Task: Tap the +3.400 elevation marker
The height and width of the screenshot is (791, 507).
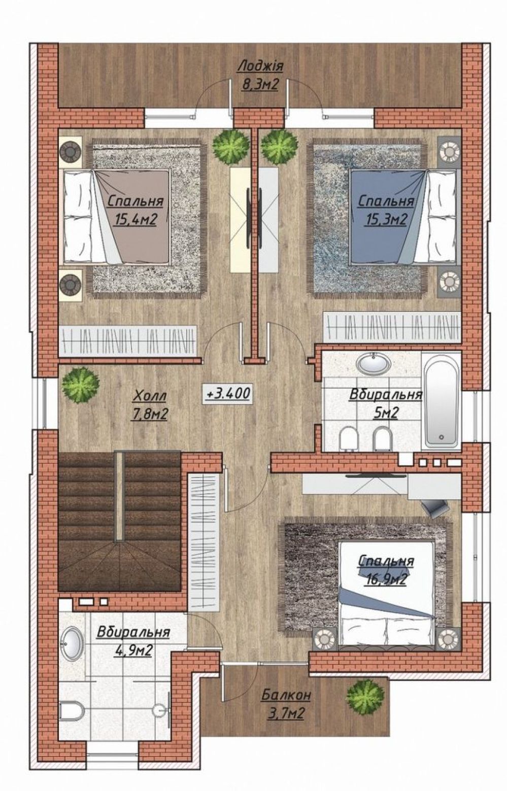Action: (x=228, y=393)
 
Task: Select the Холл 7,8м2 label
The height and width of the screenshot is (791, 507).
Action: (x=150, y=405)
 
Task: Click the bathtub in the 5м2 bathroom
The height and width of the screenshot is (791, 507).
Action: (x=442, y=401)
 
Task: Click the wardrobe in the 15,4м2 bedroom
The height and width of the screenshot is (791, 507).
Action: (x=128, y=341)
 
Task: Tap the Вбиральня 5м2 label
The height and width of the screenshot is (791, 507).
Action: (x=386, y=403)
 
